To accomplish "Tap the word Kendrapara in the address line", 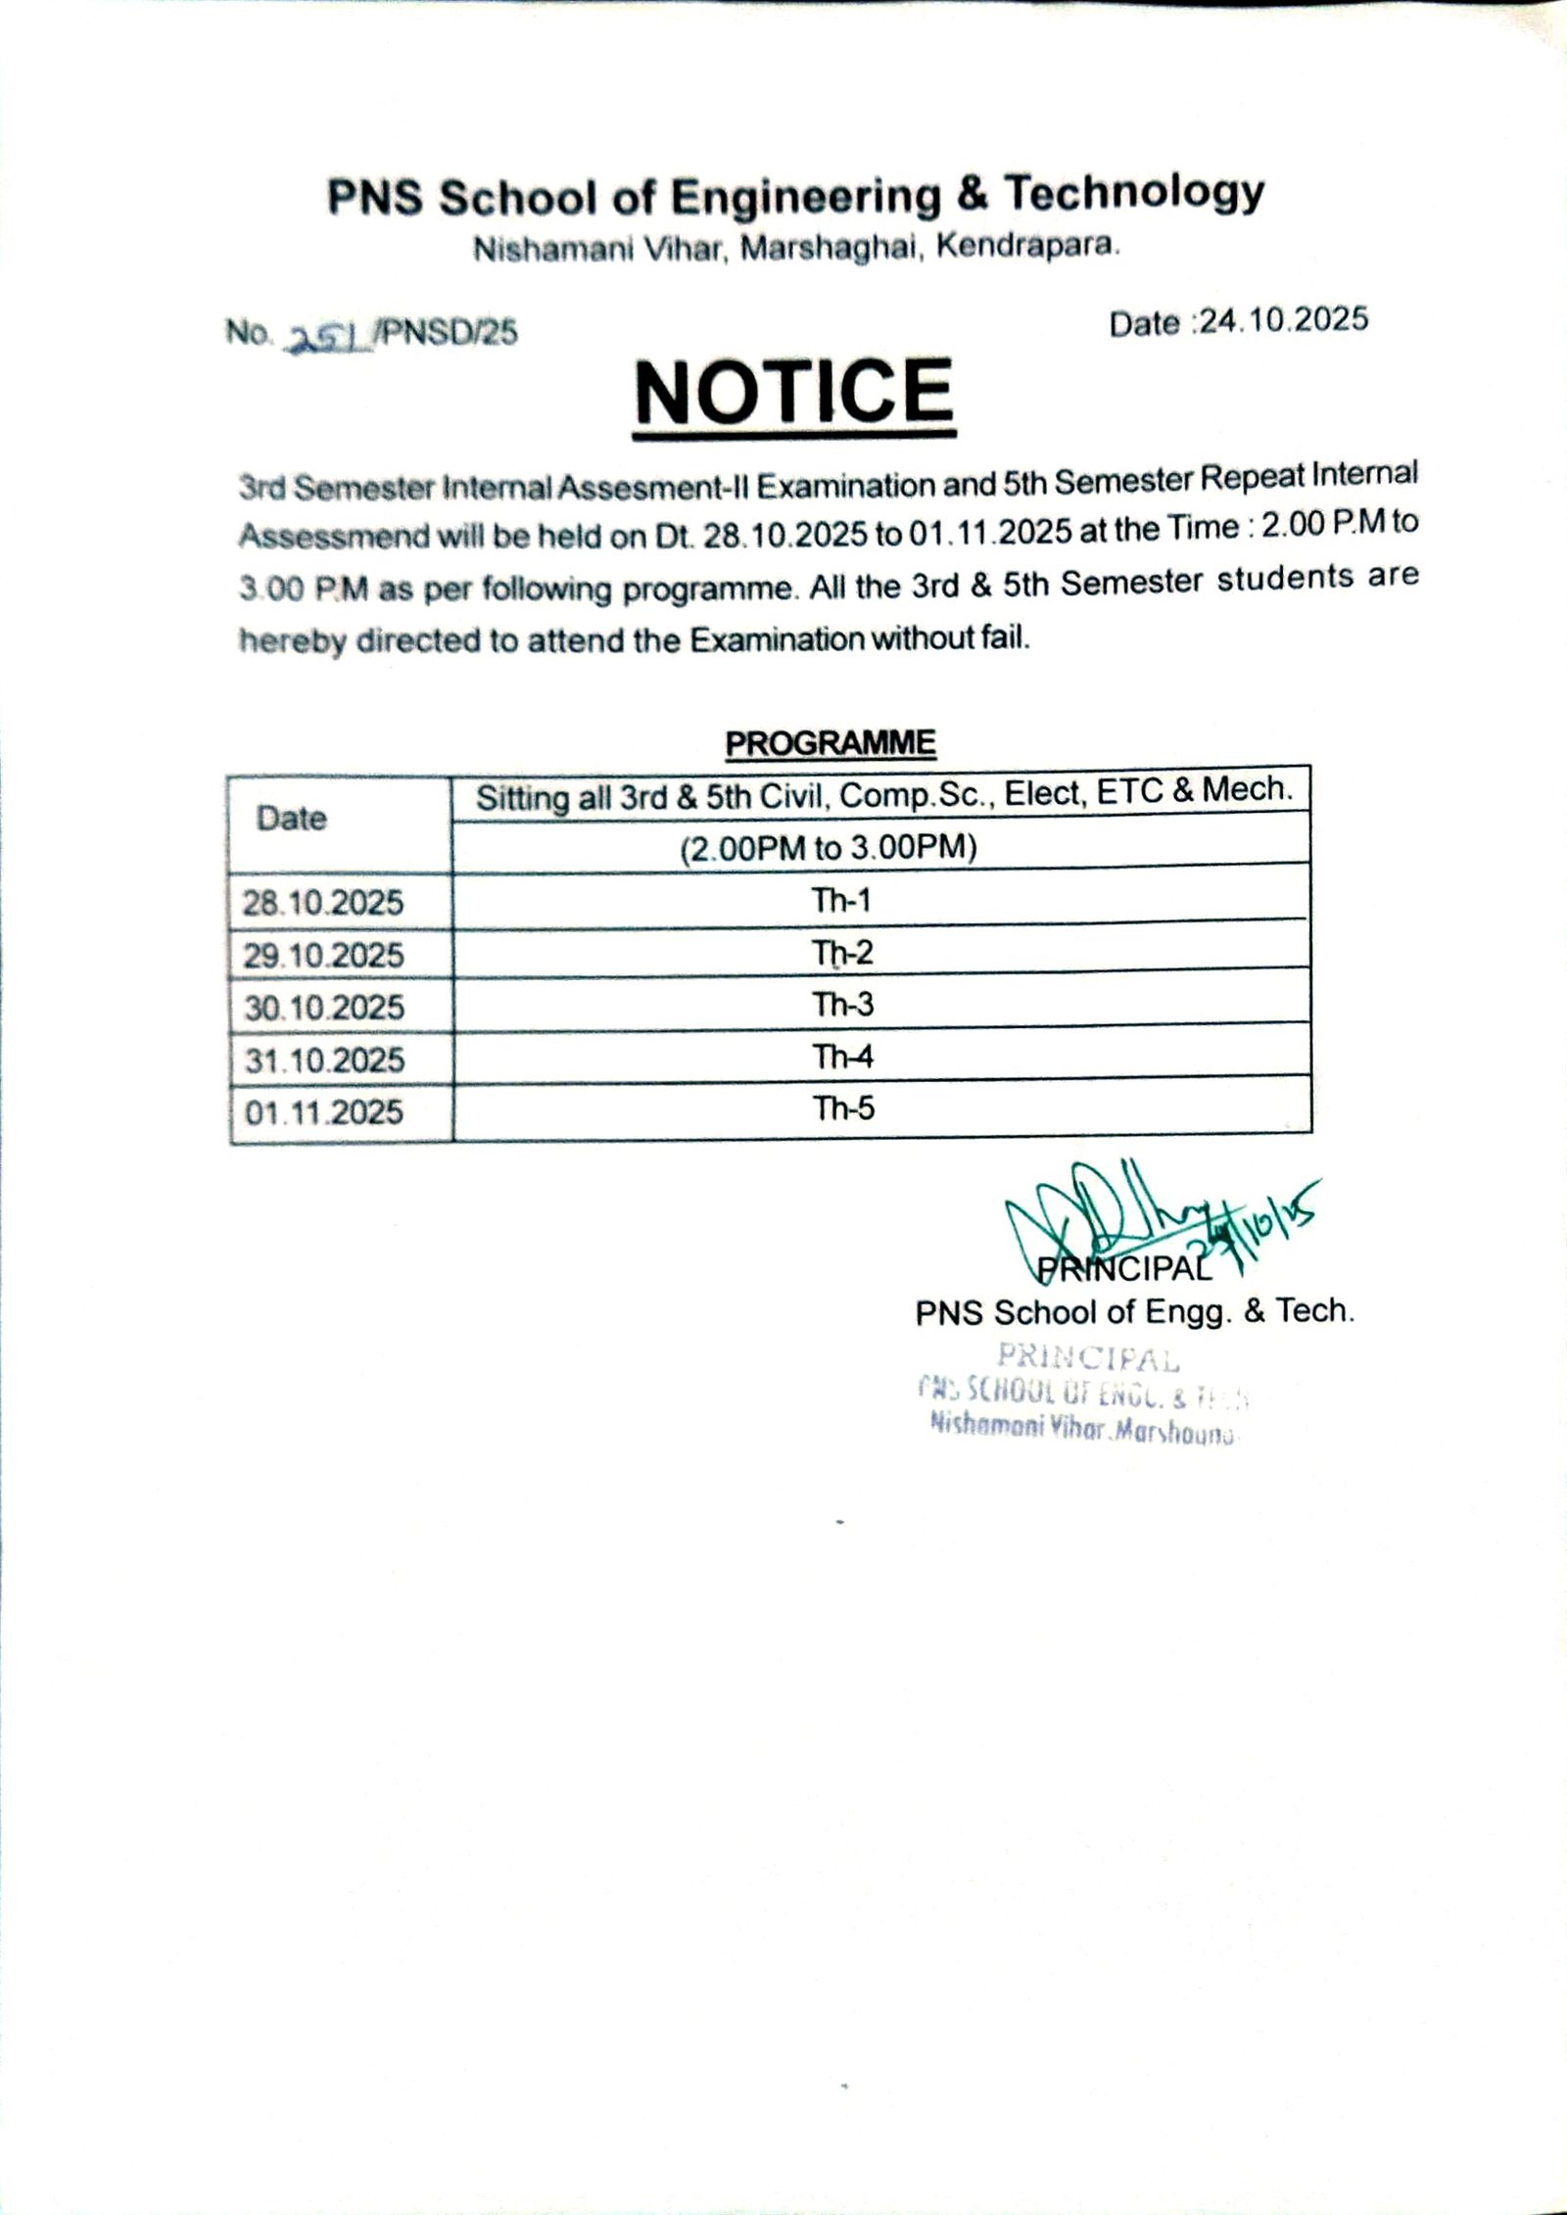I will point(1027,246).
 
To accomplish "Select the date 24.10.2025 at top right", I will point(1283,320).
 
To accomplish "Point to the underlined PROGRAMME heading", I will point(831,743).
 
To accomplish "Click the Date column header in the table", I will point(291,819).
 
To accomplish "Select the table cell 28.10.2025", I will point(323,902).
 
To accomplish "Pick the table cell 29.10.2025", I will point(323,955).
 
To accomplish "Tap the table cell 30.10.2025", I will point(324,1008).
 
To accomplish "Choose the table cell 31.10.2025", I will point(324,1060).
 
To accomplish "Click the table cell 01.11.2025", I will point(324,1112).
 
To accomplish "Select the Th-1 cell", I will point(841,900).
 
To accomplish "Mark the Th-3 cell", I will point(842,1005).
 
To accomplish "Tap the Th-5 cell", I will point(843,1108).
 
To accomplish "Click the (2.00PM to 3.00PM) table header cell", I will point(829,847).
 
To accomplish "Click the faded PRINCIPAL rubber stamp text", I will point(1088,1358).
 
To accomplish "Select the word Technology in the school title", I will point(1135,193).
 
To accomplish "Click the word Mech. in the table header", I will point(1248,789).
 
